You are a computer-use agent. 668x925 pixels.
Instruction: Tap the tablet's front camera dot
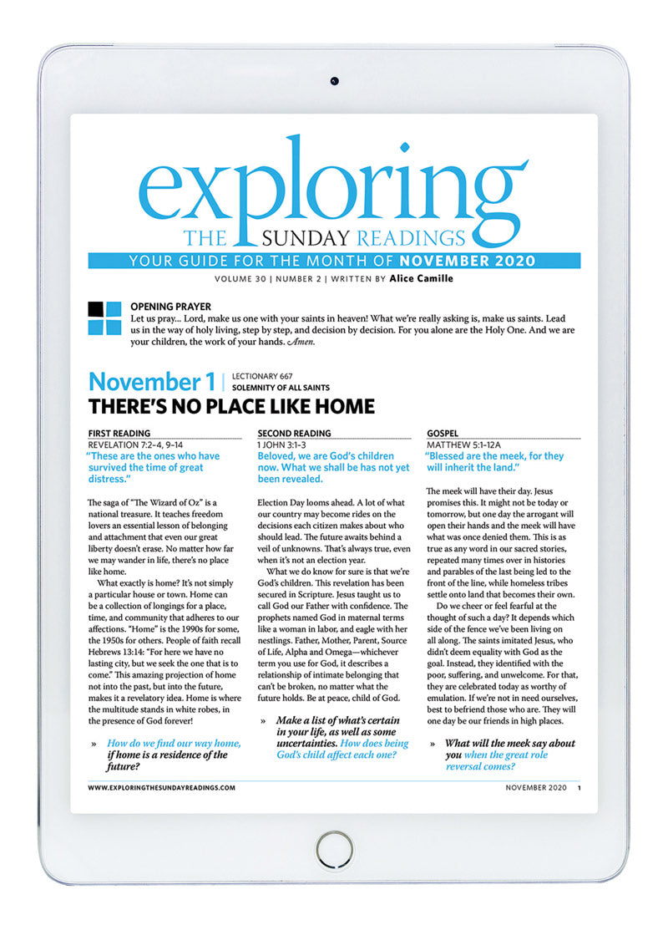(x=333, y=81)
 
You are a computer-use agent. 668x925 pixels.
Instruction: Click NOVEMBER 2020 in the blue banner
(x=473, y=261)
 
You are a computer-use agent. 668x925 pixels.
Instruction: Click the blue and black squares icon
(x=104, y=318)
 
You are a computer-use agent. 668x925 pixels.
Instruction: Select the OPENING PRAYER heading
(x=171, y=307)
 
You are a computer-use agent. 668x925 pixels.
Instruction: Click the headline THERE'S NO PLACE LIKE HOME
(x=231, y=408)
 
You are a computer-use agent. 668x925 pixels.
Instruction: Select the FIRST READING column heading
(x=119, y=433)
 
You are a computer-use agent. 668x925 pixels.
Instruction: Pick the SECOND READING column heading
(x=294, y=433)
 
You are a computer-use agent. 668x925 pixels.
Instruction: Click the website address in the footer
(x=161, y=787)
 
